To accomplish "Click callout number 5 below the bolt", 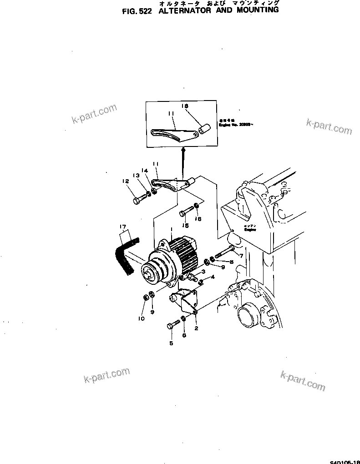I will pyautogui.click(x=171, y=343).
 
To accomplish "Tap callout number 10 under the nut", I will pyautogui.click(x=141, y=318).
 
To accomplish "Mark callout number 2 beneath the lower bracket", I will pyautogui.click(x=196, y=327).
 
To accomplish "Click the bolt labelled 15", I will pyautogui.click(x=187, y=212).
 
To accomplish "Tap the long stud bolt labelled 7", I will pyautogui.click(x=225, y=251).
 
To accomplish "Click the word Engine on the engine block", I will pyautogui.click(x=250, y=230).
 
